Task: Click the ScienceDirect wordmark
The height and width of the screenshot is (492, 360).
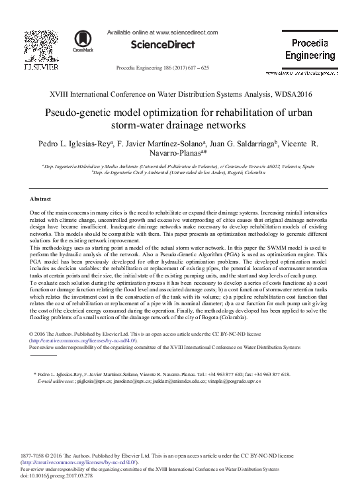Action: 163,45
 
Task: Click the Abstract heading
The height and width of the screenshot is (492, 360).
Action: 41,199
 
